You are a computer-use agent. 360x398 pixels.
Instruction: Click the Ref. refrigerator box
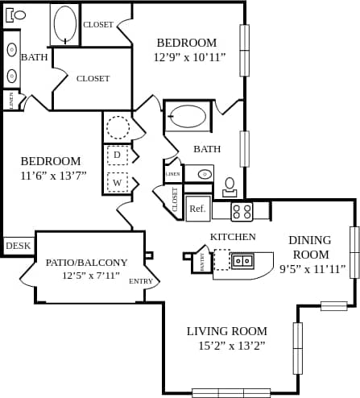coord(197,209)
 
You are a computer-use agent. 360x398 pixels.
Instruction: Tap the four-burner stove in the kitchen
coord(242,211)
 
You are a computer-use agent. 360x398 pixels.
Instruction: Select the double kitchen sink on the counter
coord(242,260)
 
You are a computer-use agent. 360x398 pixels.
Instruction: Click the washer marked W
coord(118,182)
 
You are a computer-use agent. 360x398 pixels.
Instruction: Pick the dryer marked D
coord(118,154)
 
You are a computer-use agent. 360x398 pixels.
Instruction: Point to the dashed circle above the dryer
coord(118,127)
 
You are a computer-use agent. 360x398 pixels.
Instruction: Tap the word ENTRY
coord(141,281)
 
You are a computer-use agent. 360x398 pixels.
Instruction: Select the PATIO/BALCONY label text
coord(86,262)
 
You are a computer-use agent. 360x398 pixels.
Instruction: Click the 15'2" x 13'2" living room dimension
coord(226,345)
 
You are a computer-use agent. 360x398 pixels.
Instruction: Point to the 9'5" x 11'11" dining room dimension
coord(309,269)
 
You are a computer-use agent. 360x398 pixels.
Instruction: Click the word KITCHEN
coord(233,237)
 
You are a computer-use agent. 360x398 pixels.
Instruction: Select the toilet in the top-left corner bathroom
coord(19,15)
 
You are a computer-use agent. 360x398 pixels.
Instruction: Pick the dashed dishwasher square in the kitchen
coord(221,259)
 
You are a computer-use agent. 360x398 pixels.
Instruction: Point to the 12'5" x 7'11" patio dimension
coord(91,276)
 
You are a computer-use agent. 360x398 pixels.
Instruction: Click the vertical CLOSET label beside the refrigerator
coord(175,199)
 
